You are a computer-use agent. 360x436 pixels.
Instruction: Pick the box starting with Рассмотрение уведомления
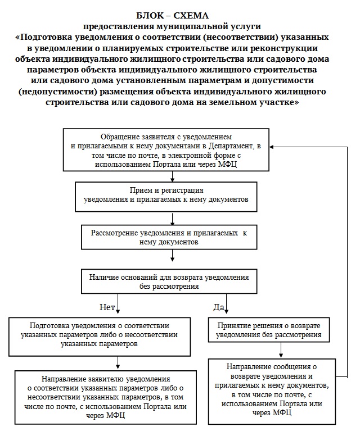pos(169,237)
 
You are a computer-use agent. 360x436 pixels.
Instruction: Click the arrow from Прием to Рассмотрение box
pos(170,217)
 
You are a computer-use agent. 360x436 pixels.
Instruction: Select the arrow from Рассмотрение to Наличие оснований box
pos(170,257)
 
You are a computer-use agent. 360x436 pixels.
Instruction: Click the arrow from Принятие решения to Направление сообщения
pos(281,350)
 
